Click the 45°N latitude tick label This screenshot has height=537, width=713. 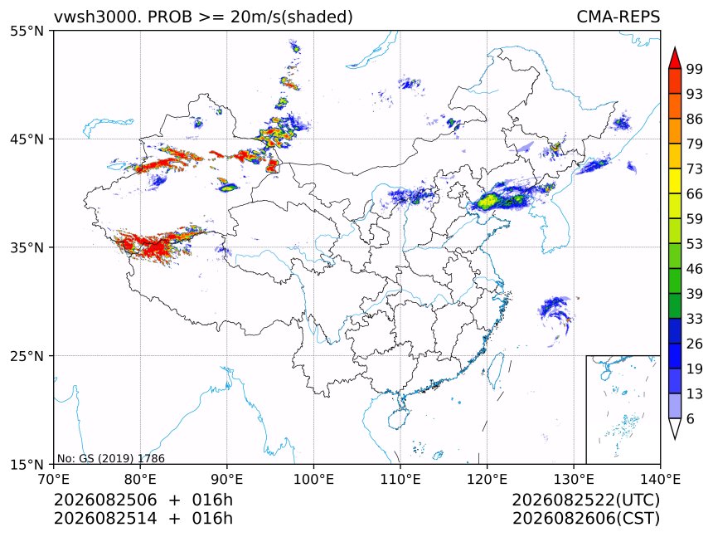tap(27, 139)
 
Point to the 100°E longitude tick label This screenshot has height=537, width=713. tap(313, 479)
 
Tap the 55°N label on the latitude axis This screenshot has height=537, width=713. tap(27, 31)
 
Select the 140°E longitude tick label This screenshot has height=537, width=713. tap(660, 479)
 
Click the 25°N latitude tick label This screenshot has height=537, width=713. tap(27, 356)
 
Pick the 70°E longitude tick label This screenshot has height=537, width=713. tap(54, 479)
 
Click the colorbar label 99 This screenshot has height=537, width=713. tap(695, 69)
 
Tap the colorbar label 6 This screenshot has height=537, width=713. tap(691, 418)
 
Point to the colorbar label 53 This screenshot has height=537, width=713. tap(695, 244)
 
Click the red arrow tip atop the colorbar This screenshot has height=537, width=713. tap(675, 47)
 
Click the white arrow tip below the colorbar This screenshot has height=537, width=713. tap(675, 439)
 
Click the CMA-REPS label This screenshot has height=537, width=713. tap(618, 17)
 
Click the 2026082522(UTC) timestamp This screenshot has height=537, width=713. tap(585, 500)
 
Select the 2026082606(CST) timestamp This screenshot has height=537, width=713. tap(585, 519)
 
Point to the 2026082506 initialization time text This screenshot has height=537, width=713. tap(105, 500)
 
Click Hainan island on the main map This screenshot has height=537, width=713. tap(399, 418)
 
